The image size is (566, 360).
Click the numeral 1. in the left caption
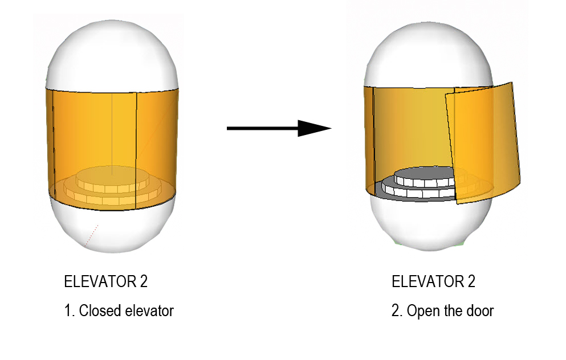coord(69,311)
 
